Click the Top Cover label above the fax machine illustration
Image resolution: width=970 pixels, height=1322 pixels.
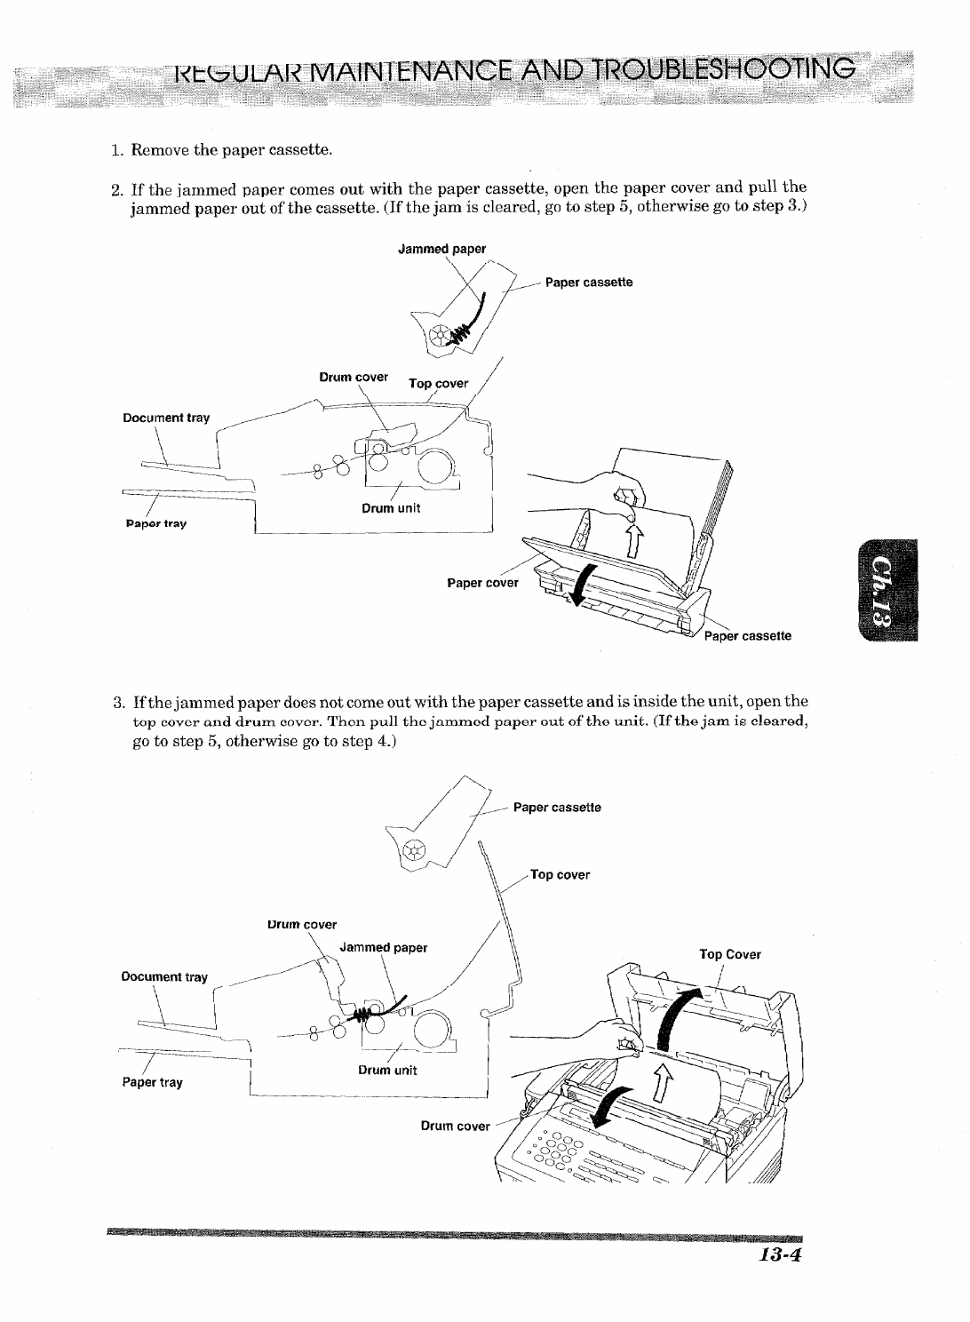pyautogui.click(x=730, y=955)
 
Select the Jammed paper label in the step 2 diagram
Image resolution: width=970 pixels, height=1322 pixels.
pyautogui.click(x=441, y=249)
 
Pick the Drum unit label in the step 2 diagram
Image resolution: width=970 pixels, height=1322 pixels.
pyautogui.click(x=391, y=508)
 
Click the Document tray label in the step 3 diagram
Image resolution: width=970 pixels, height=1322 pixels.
pyautogui.click(x=164, y=977)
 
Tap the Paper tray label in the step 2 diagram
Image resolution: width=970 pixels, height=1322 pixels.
pyautogui.click(x=155, y=523)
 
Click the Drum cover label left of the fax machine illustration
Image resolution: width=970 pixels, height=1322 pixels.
pyautogui.click(x=455, y=1126)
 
